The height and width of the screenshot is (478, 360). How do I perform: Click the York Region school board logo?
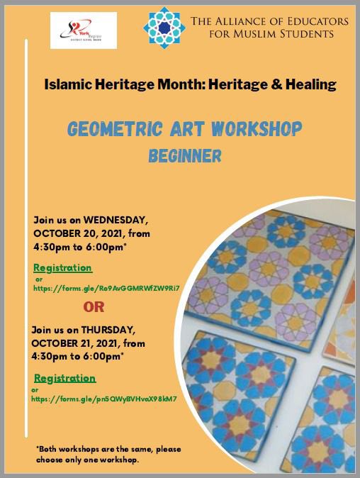[83, 30]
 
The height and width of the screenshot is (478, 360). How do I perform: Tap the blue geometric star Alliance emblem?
[164, 28]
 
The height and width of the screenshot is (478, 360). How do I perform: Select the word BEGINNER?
[185, 155]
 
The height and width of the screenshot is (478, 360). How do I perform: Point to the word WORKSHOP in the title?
[257, 129]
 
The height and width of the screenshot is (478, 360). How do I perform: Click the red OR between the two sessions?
[99, 307]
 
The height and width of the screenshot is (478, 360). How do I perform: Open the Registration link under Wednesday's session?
[63, 268]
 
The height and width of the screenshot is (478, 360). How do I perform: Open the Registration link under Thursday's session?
[64, 378]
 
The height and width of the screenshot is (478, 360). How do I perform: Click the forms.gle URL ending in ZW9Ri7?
[107, 288]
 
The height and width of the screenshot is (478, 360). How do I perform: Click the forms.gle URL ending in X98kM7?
[103, 399]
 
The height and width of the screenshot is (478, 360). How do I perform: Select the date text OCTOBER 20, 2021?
[78, 233]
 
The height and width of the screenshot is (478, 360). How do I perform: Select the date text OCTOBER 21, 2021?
[78, 343]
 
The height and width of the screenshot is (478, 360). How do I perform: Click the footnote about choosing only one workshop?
[97, 455]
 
